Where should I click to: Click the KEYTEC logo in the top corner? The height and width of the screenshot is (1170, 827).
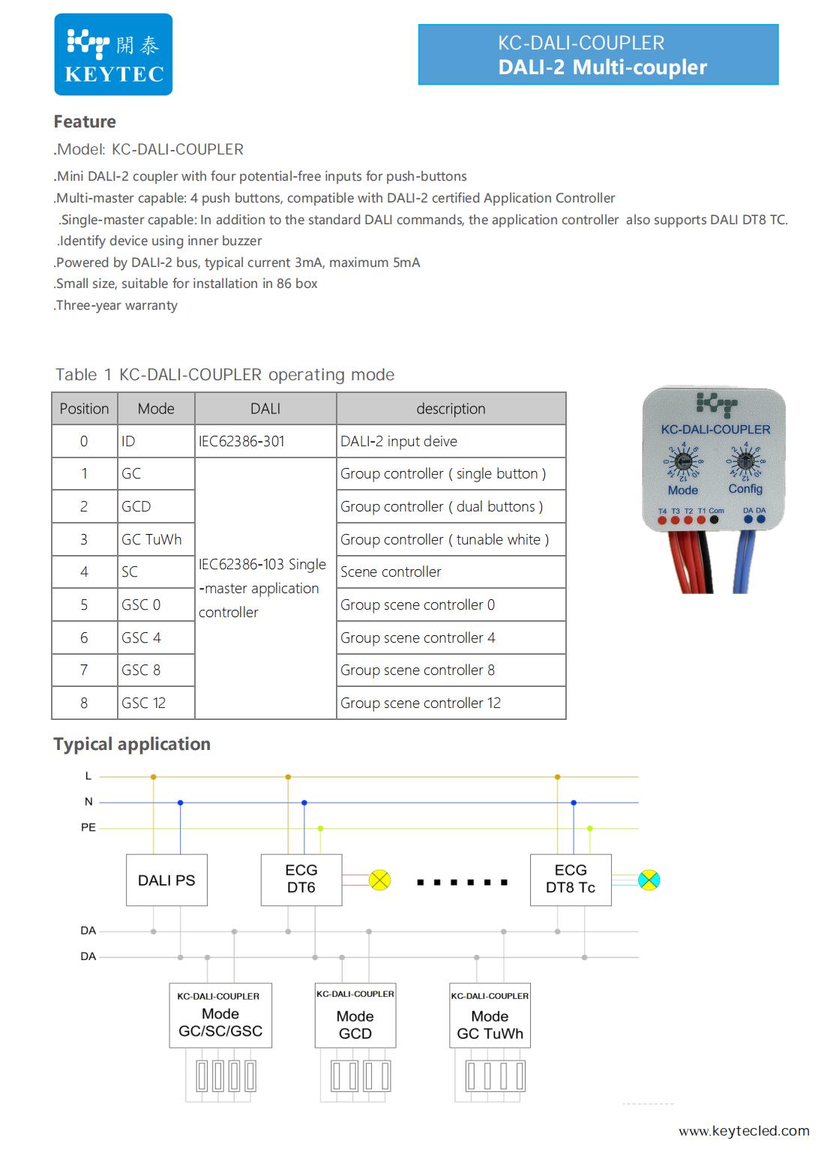pos(113,55)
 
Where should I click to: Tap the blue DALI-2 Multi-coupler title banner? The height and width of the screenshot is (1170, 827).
pos(598,55)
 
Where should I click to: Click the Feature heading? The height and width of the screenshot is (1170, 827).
pos(85,121)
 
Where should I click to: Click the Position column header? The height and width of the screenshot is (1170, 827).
pos(85,409)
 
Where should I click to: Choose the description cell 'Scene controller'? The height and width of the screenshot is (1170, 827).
pos(451,571)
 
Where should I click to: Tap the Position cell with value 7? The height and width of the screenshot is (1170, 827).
pos(85,670)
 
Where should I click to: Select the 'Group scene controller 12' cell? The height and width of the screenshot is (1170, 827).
pos(451,703)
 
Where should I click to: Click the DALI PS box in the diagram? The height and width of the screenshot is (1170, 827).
pos(166,880)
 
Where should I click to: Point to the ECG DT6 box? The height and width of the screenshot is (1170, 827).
pos(301,879)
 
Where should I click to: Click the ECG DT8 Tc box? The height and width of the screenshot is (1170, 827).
pos(571,879)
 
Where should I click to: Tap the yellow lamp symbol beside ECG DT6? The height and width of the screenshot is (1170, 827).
pos(380,880)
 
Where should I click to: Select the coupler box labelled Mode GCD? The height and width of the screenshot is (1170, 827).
pos(355,1015)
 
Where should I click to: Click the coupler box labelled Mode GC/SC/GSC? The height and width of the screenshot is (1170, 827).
pos(220,1015)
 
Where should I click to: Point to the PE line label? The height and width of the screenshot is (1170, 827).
pos(88,828)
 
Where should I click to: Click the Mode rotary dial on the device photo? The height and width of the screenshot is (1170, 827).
pos(683,462)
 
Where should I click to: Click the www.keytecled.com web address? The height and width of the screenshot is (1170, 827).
pos(744,1131)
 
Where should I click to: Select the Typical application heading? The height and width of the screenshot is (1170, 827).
pos(132,744)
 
